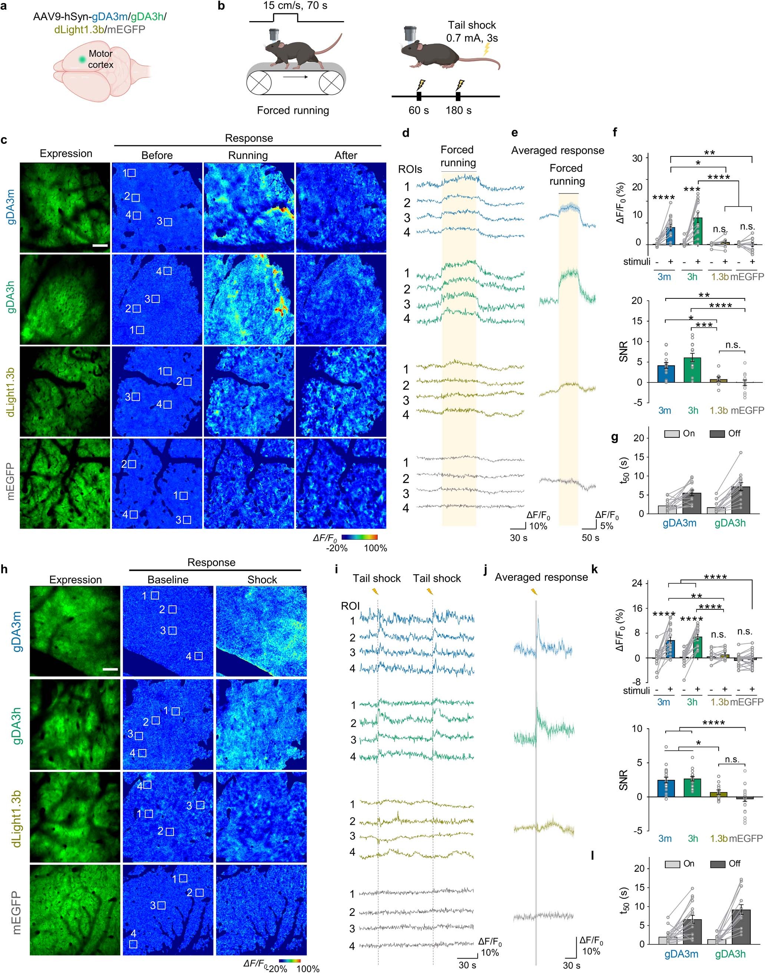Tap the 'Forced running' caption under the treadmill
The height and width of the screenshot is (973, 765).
pyautogui.click(x=292, y=110)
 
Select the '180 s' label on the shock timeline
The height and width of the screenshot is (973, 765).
pyautogui.click(x=458, y=110)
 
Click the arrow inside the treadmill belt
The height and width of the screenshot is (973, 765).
pyautogui.click(x=296, y=77)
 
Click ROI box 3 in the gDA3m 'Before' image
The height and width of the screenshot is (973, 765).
pyautogui.click(x=168, y=221)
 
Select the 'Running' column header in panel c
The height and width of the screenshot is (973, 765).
pyautogui.click(x=248, y=155)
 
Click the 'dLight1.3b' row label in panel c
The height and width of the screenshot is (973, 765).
pyautogui.click(x=11, y=391)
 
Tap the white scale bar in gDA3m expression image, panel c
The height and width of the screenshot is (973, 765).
pyautogui.click(x=100, y=245)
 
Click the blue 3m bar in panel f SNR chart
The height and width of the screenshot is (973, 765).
pyautogui.click(x=666, y=374)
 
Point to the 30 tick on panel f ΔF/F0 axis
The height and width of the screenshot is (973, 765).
pyautogui.click(x=636, y=158)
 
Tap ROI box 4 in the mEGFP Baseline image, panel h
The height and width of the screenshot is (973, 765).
pyautogui.click(x=133, y=944)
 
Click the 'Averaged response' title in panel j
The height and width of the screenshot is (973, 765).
pyautogui.click(x=541, y=577)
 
